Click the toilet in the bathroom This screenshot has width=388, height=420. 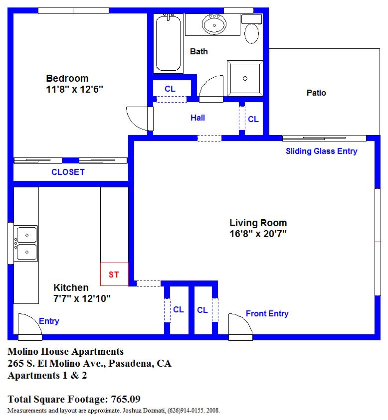click(251, 29)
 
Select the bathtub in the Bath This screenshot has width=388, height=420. click(168, 43)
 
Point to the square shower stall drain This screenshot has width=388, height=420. click(245, 79)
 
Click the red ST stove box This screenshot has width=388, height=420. click(114, 275)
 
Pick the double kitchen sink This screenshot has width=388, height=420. click(26, 243)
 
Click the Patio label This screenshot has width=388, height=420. click(316, 93)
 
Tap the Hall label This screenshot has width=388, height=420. click(197, 118)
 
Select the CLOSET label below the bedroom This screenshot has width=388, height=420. click(68, 172)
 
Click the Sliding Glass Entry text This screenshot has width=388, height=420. click(322, 151)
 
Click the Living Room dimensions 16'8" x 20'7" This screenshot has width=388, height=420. click(258, 234)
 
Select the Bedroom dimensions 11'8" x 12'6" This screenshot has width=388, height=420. click(74, 89)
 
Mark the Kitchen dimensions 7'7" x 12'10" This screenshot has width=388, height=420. click(82, 298)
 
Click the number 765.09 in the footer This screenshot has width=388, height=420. click(126, 399)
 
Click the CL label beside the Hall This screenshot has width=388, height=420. click(253, 119)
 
